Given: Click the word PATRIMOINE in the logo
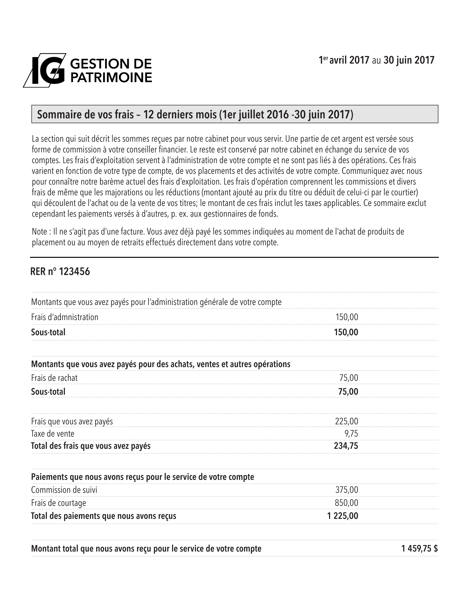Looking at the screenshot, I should click(x=111, y=77).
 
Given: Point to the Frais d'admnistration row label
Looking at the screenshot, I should click(x=65, y=317).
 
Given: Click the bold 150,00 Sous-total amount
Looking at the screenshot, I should click(x=346, y=332).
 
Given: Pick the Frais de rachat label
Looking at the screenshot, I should click(x=54, y=378).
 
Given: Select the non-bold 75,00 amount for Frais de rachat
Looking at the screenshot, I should click(x=349, y=378).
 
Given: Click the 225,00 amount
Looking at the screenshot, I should click(x=347, y=421).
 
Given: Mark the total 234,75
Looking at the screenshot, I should click(x=346, y=446).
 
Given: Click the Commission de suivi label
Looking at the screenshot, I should click(x=64, y=490).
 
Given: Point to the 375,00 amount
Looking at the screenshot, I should click(x=347, y=490).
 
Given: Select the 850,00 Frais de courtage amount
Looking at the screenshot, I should click(x=347, y=503).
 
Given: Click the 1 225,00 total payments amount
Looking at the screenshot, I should click(x=343, y=516).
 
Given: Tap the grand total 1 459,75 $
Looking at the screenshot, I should click(x=419, y=549).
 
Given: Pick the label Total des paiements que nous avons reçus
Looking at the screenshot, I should click(x=104, y=516).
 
